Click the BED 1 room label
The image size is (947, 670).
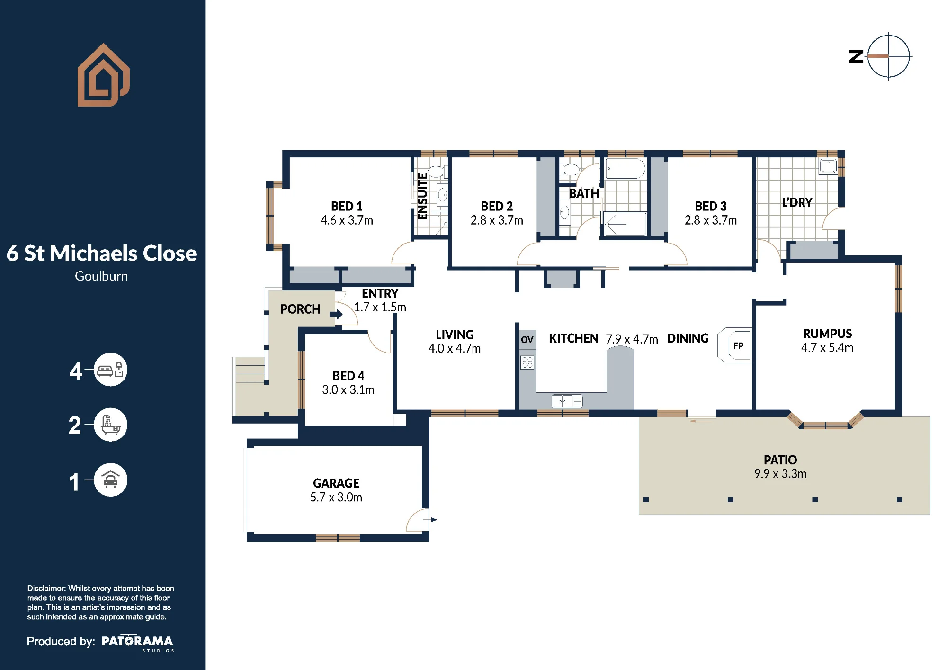pos(347,206)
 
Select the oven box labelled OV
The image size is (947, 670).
pos(527,340)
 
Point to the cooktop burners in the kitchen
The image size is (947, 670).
pos(527,362)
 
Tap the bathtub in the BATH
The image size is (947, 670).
pos(625,169)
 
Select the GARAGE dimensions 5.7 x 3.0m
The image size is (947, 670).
pos(336,497)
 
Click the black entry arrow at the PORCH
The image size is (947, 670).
pos(336,314)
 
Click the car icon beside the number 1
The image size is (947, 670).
pos(110,480)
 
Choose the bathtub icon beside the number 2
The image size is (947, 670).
pos(110,425)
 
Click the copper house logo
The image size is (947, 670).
pos(103,75)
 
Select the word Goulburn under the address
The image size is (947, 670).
pos(101,276)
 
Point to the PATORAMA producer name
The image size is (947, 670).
pos(137,642)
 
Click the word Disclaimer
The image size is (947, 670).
pos(46,589)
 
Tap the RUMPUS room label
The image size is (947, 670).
pos(827,334)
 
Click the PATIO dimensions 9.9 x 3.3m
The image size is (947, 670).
pos(780,474)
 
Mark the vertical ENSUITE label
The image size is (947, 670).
pos(422,196)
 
